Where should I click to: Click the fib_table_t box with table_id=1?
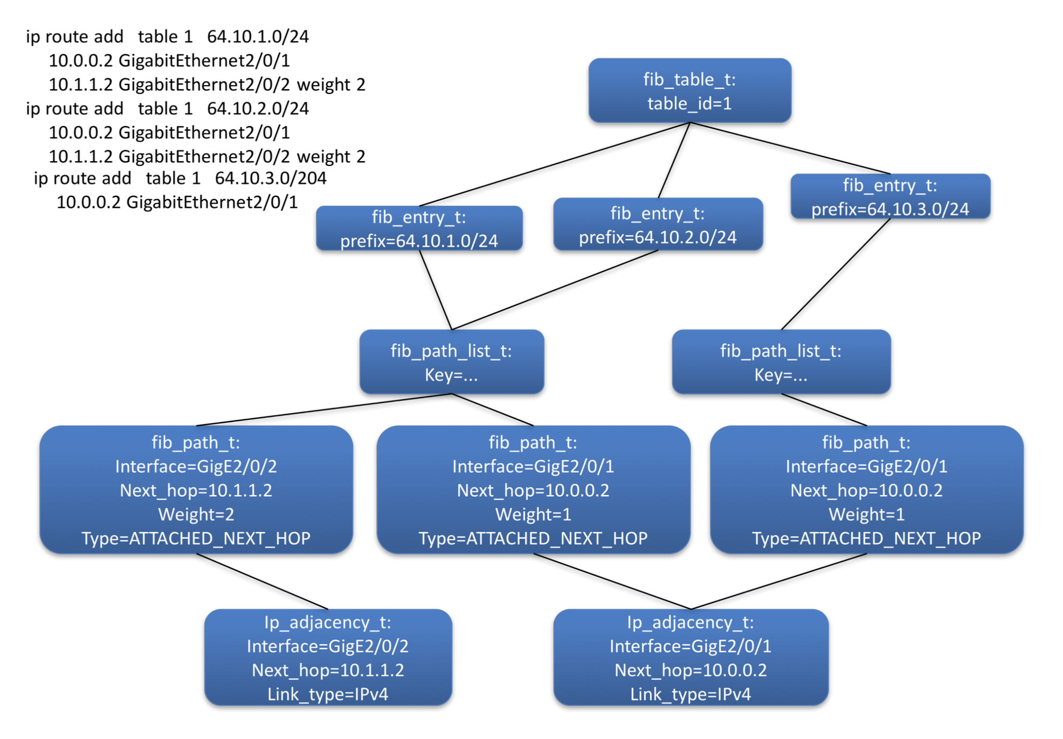pos(689,91)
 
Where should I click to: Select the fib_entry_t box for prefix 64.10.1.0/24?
pos(419,228)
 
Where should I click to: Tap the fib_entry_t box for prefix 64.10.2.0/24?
pos(657,224)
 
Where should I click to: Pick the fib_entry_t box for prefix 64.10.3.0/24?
pos(890,197)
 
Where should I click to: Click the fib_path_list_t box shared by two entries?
pos(452,362)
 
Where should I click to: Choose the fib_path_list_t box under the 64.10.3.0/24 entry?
pos(781,362)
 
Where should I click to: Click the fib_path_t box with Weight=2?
pos(196,489)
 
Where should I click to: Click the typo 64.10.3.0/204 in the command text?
pos(271,178)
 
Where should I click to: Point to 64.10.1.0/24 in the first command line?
pos(258,37)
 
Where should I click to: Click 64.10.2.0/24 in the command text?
pos(258,109)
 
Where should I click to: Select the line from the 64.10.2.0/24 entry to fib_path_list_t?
pos(555,290)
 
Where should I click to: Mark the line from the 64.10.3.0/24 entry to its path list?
pos(836,275)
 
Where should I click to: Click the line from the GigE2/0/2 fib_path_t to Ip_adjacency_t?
pos(262,582)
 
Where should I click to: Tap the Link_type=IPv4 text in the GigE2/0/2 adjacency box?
pos(328,694)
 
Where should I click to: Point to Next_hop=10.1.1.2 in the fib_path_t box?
pos(196,490)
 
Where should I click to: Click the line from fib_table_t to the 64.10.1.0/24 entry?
pos(555,165)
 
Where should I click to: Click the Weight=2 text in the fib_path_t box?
pos(196,514)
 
